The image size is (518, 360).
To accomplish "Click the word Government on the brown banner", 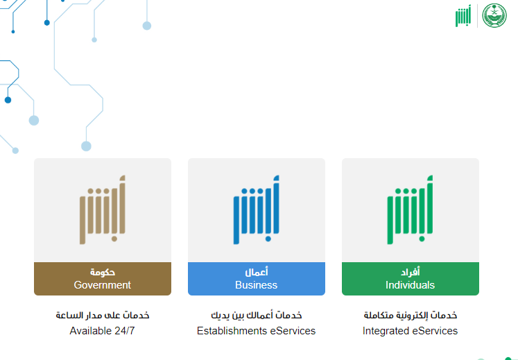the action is click(x=103, y=285).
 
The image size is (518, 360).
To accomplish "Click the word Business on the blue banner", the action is click(x=257, y=285).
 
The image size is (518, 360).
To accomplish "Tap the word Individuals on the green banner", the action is click(x=410, y=285).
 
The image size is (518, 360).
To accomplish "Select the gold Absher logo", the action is click(x=103, y=210).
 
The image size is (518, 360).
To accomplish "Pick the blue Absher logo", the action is click(x=257, y=210).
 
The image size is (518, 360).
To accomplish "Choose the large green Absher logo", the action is click(x=410, y=210).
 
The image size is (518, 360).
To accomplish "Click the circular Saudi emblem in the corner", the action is click(x=494, y=15).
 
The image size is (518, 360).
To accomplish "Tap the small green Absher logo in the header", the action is click(x=463, y=15).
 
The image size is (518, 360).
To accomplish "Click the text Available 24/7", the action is click(x=102, y=331).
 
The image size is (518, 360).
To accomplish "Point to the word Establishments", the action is click(x=232, y=331).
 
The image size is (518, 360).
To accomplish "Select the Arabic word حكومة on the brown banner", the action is click(x=103, y=272).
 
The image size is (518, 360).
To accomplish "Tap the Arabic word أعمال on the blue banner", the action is click(x=257, y=272).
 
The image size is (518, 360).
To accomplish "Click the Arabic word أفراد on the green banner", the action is click(x=411, y=272).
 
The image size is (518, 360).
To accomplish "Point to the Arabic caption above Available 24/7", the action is click(x=103, y=315).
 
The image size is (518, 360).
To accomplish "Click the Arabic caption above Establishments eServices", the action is click(x=257, y=315).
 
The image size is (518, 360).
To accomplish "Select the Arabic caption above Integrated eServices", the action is click(x=411, y=315).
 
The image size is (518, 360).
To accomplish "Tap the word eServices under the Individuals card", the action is click(x=435, y=331).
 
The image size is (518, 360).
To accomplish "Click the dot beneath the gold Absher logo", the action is click(x=114, y=239).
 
